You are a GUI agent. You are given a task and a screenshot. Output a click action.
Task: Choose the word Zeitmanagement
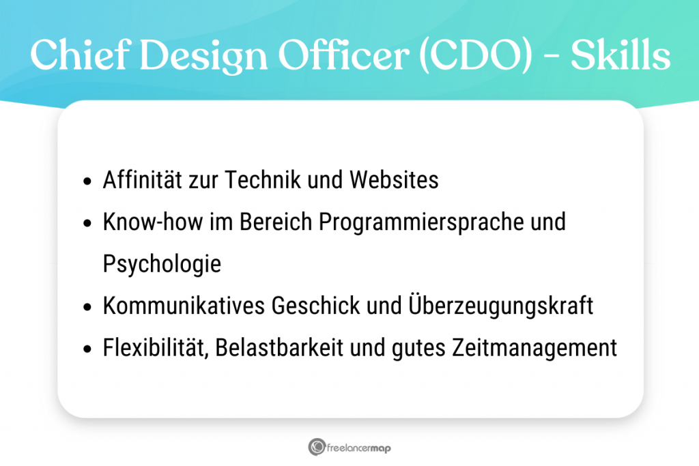(534, 348)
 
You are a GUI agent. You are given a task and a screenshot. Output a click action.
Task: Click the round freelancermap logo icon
(316, 448)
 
